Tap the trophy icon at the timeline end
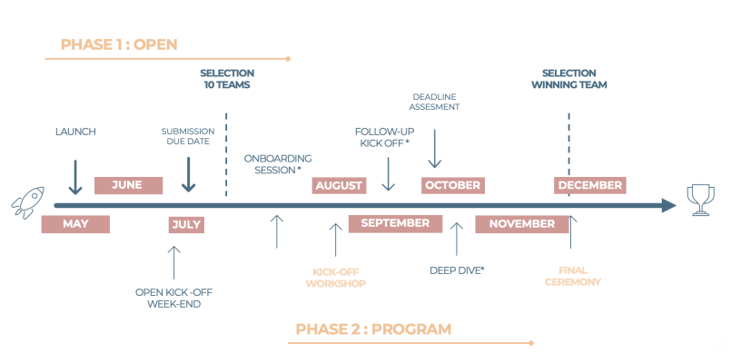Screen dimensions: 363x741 click(x=699, y=200)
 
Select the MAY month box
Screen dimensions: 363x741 click(x=75, y=224)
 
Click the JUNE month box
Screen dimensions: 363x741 click(x=128, y=185)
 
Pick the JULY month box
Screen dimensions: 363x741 click(x=185, y=225)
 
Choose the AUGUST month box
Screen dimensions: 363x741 click(x=339, y=185)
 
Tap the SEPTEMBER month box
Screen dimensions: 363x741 click(x=395, y=223)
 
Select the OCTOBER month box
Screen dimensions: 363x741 click(x=452, y=185)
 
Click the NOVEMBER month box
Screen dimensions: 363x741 click(x=521, y=224)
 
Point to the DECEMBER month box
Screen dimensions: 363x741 click(x=590, y=185)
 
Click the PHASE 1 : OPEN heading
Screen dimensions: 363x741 click(x=119, y=44)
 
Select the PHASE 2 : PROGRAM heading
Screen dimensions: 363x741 click(x=373, y=329)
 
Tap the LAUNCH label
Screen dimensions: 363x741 click(x=75, y=132)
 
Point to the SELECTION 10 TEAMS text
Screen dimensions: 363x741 click(x=227, y=79)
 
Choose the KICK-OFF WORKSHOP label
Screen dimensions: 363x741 click(x=339, y=277)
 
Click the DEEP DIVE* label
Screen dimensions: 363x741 click(x=457, y=270)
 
